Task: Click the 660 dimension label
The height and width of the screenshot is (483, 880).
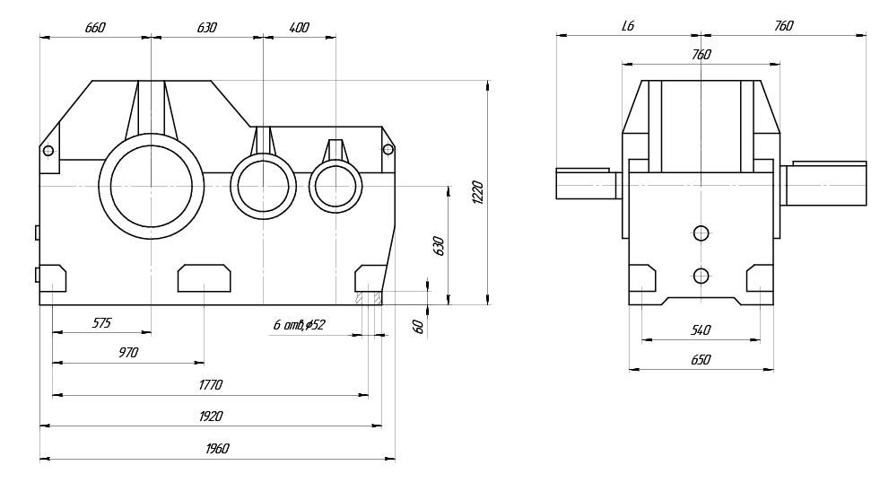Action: (x=95, y=28)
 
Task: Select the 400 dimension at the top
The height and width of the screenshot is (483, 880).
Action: (x=300, y=28)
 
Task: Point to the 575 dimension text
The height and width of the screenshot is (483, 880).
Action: (x=101, y=322)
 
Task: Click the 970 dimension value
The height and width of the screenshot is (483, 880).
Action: (x=128, y=353)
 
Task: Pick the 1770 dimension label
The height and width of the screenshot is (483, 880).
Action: (x=210, y=384)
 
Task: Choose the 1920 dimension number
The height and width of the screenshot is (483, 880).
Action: (x=210, y=416)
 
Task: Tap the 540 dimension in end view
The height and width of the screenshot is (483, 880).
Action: (x=701, y=330)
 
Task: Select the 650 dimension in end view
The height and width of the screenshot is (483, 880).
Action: (x=701, y=360)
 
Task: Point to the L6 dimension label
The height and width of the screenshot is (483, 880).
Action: (x=628, y=27)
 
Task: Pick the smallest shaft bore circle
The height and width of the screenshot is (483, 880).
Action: (x=335, y=186)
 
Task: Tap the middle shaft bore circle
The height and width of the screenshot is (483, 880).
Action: (x=263, y=186)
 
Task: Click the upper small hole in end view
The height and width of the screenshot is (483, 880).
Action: (x=701, y=233)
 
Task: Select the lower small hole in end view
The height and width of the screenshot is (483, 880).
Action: (x=701, y=275)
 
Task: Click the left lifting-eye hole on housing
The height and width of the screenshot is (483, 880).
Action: (x=48, y=150)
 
